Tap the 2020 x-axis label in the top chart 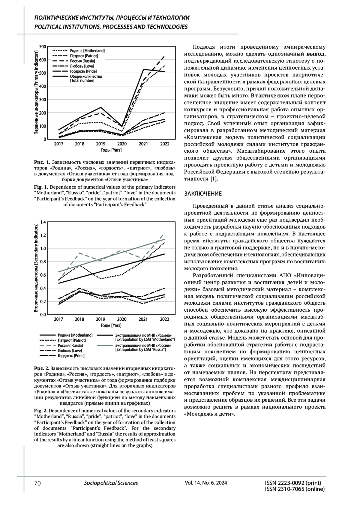tap(122, 144)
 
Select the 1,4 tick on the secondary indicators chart tap(43, 222)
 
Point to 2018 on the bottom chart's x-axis tap(79, 319)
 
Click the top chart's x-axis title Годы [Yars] tap(111, 150)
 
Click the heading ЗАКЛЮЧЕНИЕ tap(203, 193)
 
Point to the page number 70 tap(37, 483)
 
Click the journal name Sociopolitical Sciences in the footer tap(111, 483)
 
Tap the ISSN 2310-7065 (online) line tap(295, 489)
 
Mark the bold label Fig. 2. tap(40, 410)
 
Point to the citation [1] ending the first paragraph tap(213, 179)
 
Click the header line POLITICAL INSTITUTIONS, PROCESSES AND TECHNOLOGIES tap(111, 27)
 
